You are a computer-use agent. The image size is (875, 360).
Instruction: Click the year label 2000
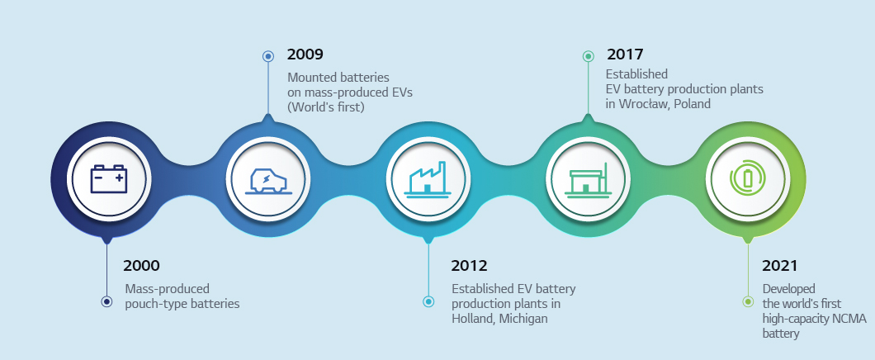pyautogui.click(x=141, y=266)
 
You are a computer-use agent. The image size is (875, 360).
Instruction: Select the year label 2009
pyautogui.click(x=305, y=54)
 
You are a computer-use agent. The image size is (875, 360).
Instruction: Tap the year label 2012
pyautogui.click(x=469, y=266)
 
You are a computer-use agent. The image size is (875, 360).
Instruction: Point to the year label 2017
pyautogui.click(x=625, y=54)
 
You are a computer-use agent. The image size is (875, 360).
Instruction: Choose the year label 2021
pyautogui.click(x=780, y=266)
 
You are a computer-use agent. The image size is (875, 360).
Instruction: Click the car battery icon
pyautogui.click(x=108, y=178)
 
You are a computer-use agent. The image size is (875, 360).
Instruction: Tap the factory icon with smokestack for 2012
pyautogui.click(x=428, y=178)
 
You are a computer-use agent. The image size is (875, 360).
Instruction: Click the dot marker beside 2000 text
pyautogui.click(x=106, y=302)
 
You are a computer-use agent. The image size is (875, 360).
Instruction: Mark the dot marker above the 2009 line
pyautogui.click(x=267, y=56)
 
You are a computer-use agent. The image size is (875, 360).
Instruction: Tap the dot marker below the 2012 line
pyautogui.click(x=428, y=302)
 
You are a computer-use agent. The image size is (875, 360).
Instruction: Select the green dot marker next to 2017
pyautogui.click(x=588, y=56)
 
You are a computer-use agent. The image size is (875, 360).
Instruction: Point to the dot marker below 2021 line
pyautogui.click(x=747, y=302)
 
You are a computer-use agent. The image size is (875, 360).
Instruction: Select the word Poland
pyautogui.click(x=692, y=104)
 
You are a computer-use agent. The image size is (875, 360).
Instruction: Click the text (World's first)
pyautogui.click(x=325, y=107)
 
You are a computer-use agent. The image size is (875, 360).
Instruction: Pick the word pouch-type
pyautogui.click(x=153, y=304)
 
